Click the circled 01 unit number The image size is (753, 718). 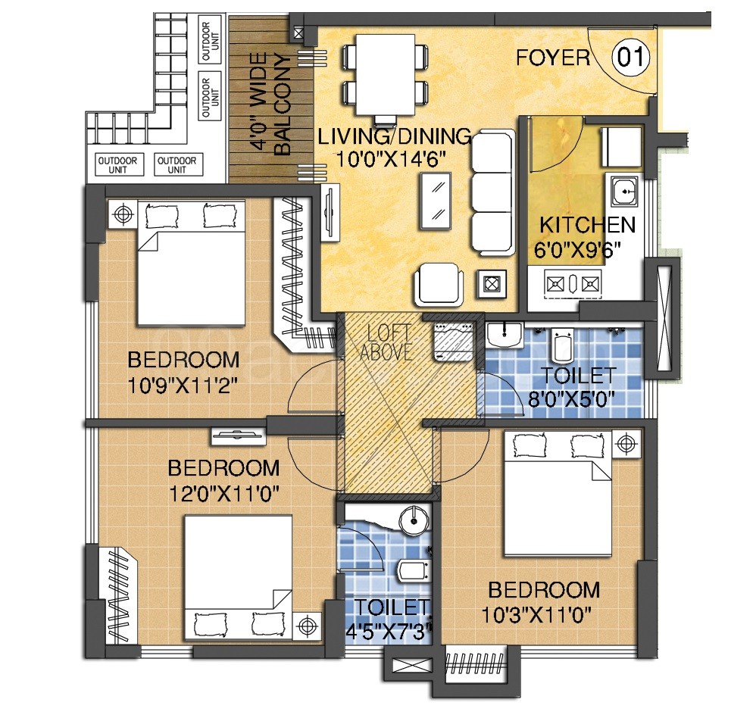click(630, 57)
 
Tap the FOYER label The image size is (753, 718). click(553, 58)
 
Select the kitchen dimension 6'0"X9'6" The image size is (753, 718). click(578, 249)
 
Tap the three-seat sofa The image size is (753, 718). click(493, 192)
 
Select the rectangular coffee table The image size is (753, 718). click(436, 201)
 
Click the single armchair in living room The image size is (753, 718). click(439, 283)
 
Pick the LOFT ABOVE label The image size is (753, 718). click(386, 342)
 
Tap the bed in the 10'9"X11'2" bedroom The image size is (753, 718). click(192, 264)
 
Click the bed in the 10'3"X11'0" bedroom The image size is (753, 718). click(558, 494)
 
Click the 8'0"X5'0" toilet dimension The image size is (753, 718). click(571, 398)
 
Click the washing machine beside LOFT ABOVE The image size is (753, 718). click(453, 342)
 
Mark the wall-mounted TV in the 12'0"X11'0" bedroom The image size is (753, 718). click(238, 435)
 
